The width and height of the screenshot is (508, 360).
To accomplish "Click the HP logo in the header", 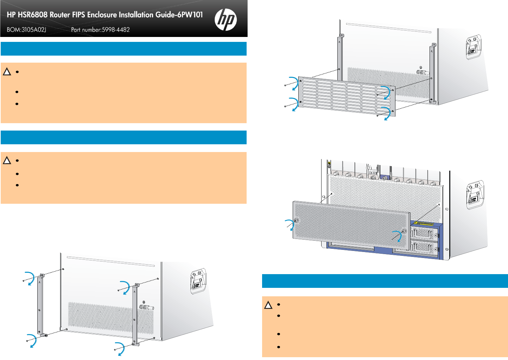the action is click(226, 19).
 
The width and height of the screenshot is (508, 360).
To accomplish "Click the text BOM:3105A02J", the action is click(26, 30).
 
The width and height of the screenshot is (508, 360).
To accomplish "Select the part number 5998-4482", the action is click(116, 30).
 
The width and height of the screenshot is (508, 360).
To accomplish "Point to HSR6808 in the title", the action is click(33, 15).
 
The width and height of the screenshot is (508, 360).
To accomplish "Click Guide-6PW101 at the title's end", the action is click(179, 15).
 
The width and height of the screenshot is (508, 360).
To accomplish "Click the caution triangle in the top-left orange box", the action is click(7, 72).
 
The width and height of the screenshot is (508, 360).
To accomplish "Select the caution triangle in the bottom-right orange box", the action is click(268, 305).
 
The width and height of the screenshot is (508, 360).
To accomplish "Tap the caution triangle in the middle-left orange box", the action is click(7, 160).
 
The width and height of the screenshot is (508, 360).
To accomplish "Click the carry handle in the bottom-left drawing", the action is click(198, 281).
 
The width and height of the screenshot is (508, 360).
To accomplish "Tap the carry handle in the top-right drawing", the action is click(474, 47).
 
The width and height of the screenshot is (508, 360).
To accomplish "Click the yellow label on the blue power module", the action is click(424, 224).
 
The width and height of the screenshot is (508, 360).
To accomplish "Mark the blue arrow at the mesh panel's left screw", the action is click(290, 225).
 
